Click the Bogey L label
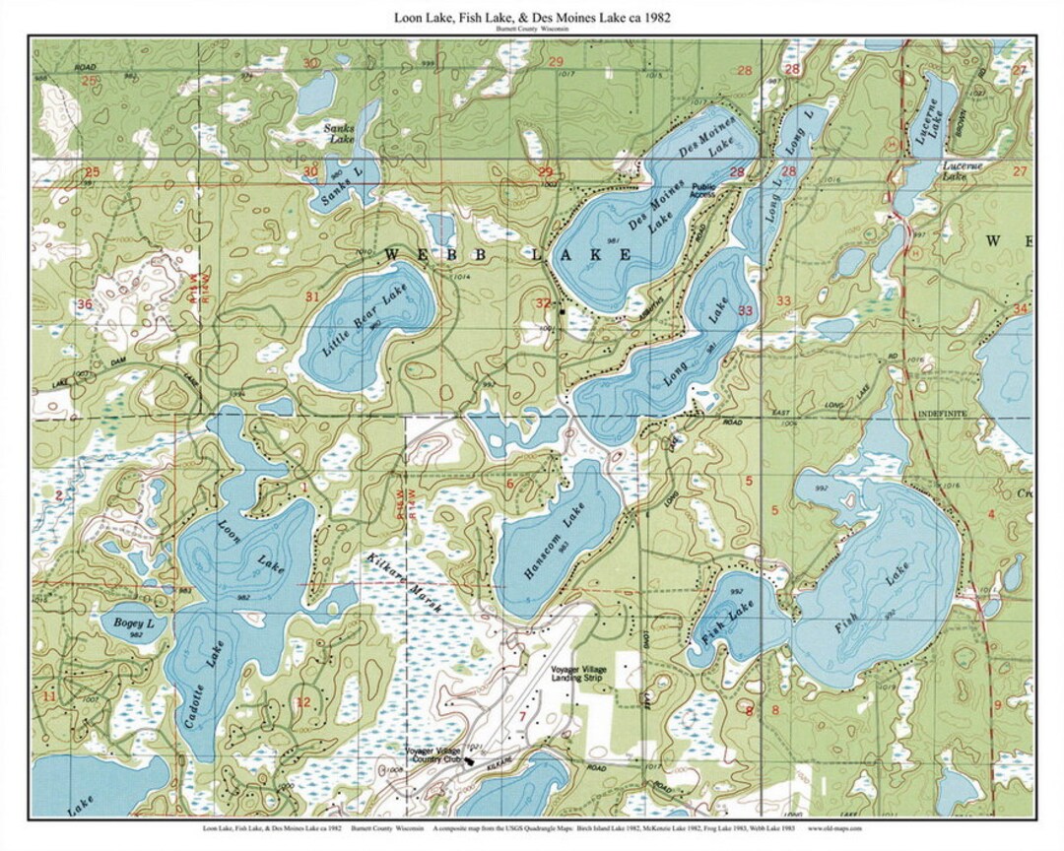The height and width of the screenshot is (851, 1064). click(134, 624)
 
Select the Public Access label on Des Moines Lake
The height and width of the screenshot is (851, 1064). click(702, 191)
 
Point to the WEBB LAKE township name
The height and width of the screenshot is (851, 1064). click(507, 255)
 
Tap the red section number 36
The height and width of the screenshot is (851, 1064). click(85, 304)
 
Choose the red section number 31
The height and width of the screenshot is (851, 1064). click(312, 296)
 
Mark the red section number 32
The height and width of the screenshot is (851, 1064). click(543, 303)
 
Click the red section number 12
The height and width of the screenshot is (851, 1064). click(302, 702)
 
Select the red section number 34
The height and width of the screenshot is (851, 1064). click(1020, 309)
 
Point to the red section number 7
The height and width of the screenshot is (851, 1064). click(508, 714)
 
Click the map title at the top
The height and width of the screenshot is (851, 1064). click(532, 18)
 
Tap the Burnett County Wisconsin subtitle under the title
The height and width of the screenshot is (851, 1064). click(532, 31)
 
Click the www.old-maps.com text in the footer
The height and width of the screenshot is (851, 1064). click(834, 829)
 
